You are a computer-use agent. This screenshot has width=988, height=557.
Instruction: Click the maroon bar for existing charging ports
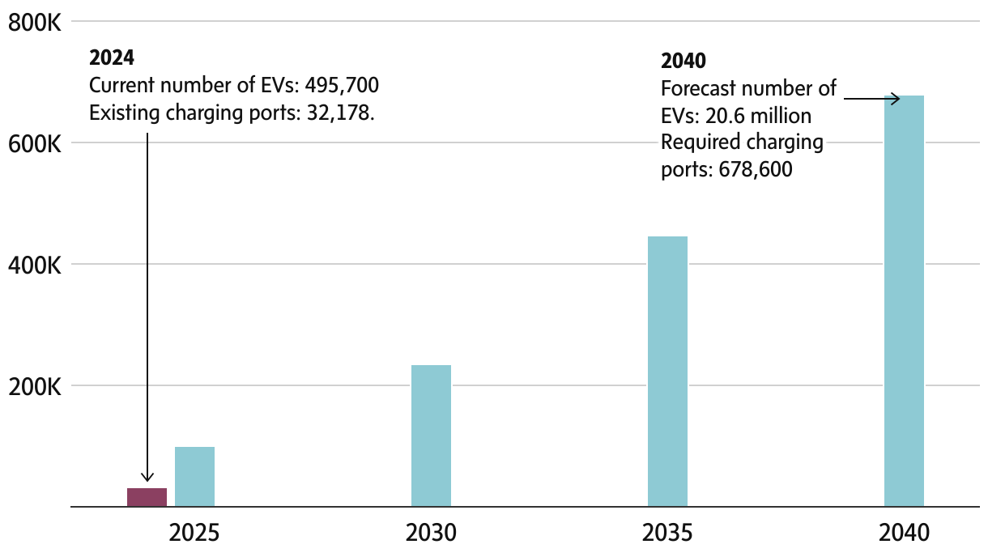(x=147, y=497)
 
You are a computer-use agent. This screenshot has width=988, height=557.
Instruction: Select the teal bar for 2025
(x=194, y=477)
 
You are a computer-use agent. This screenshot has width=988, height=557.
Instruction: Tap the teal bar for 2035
(x=667, y=372)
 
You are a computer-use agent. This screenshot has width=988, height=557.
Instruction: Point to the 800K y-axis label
(x=35, y=23)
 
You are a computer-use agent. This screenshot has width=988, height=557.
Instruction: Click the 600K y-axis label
(x=35, y=144)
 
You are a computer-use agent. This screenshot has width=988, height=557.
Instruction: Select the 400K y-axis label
(x=35, y=266)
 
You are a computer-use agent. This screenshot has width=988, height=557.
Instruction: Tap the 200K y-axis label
(x=35, y=387)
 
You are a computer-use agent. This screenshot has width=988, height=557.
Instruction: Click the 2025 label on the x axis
(x=194, y=534)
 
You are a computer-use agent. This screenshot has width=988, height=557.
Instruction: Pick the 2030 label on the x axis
(x=431, y=534)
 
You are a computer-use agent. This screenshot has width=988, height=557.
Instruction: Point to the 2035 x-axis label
(x=667, y=534)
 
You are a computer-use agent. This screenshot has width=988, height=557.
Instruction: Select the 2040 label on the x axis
(x=904, y=534)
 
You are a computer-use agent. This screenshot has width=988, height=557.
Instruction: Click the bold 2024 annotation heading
(x=111, y=58)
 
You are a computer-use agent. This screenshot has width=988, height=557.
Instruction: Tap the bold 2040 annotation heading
(x=684, y=61)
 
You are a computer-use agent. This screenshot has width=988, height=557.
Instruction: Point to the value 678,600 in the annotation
(x=755, y=170)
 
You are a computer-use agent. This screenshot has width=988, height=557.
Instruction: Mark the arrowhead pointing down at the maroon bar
(x=147, y=477)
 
